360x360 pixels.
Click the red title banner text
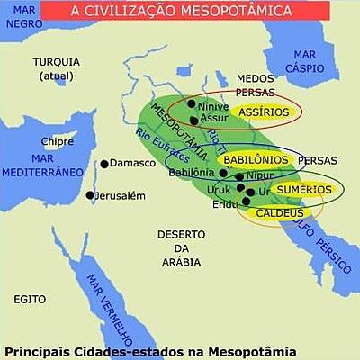[x=180, y=12]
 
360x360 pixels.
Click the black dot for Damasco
[x=104, y=163]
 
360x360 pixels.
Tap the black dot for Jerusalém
[x=90, y=195]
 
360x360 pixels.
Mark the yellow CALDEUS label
[x=280, y=213]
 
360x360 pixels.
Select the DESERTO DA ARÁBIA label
[x=182, y=247]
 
